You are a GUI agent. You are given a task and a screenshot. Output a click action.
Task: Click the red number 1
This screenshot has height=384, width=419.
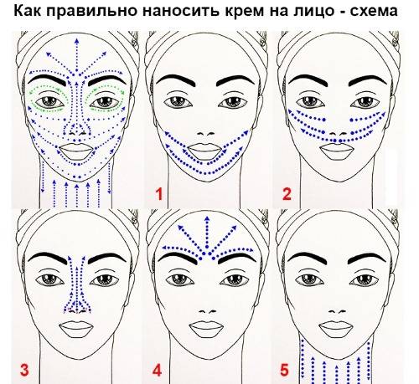click(x=159, y=194)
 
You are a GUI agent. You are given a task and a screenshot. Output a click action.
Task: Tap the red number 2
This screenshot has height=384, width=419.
click(x=287, y=194)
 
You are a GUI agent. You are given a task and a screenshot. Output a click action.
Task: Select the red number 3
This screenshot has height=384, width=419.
click(x=24, y=370)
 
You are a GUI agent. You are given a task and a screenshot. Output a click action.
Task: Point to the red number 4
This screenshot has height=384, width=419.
click(x=157, y=371)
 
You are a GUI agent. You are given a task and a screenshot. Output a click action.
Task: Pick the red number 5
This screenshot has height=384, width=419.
click(x=284, y=371)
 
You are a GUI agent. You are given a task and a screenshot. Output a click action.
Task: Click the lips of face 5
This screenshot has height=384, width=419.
click(x=336, y=329)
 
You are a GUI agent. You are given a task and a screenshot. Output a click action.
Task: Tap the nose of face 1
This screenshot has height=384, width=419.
click(x=206, y=134)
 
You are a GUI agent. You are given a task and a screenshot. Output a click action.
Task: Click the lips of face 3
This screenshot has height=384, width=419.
click(x=76, y=329)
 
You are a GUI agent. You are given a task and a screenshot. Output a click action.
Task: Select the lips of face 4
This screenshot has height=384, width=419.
click(x=206, y=329)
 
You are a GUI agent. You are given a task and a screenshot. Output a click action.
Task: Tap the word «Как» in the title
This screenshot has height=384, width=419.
click(x=28, y=11)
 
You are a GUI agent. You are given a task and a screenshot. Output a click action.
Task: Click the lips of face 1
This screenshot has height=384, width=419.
click(x=205, y=151)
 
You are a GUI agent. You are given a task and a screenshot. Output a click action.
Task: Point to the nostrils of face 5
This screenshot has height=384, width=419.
click(x=337, y=311)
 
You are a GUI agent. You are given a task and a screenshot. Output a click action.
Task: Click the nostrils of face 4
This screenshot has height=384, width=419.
click(x=207, y=311)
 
